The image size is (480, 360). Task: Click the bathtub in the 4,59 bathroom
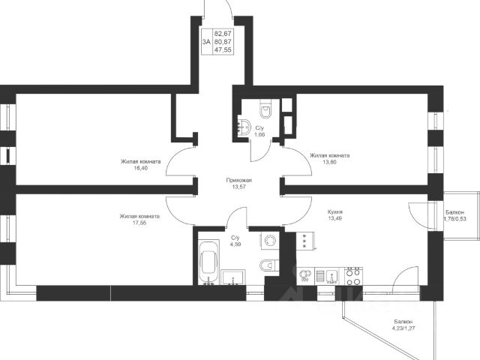[208, 263]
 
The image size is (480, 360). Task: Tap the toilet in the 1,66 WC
[265, 109]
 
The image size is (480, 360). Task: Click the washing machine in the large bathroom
[270, 240]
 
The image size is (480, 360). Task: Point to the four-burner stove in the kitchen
[353, 277]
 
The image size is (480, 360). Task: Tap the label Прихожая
[238, 180]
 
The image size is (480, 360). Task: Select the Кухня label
[335, 211]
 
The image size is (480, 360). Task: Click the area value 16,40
[140, 168]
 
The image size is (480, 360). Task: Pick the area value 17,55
[139, 223]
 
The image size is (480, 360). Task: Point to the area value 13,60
[329, 162]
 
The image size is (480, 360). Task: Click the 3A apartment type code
[206, 42]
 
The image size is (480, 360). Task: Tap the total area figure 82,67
[223, 33]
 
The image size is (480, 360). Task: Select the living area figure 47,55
[223, 50]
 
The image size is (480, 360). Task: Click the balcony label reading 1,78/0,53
[454, 218]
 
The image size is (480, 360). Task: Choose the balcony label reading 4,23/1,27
[403, 328]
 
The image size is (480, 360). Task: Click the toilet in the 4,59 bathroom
[269, 265]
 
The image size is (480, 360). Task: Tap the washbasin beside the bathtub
[233, 277]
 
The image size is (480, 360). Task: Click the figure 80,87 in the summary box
[223, 42]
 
